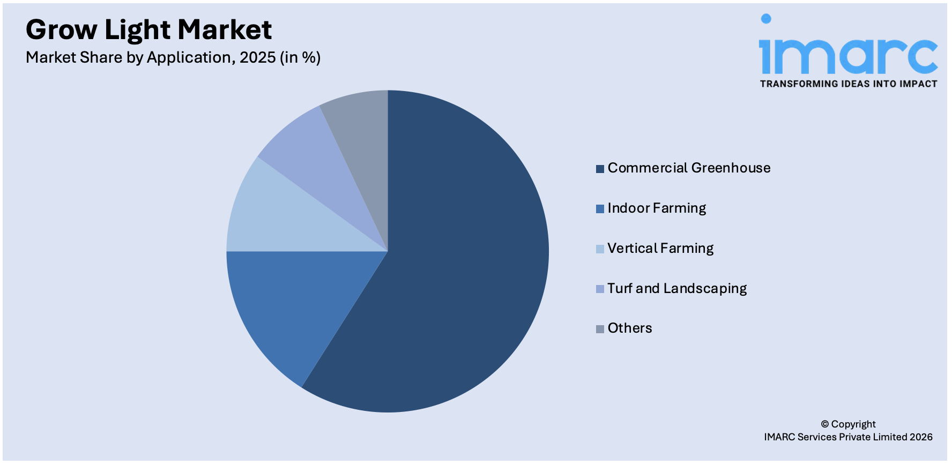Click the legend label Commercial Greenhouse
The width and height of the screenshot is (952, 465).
pos(689,168)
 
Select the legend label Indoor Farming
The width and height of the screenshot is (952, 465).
pos(657,208)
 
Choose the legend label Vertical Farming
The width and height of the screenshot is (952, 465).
pos(660,249)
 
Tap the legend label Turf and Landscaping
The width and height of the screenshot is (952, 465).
pos(677,289)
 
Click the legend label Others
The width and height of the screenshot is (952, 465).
pos(630,328)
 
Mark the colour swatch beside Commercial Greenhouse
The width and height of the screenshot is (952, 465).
pos(600,169)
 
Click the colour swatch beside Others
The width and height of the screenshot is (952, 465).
pos(600,329)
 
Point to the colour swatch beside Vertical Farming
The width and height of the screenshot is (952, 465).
pos(600,249)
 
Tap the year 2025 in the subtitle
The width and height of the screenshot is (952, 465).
pos(257,57)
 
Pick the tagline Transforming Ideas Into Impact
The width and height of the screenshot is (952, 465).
pos(848,84)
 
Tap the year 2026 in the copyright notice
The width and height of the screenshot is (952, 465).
pos(920,437)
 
